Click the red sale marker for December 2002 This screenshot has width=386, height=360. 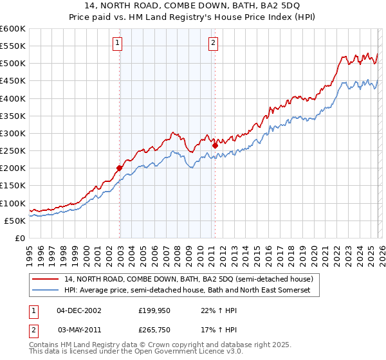[x=119, y=168]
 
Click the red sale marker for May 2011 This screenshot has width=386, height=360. [x=215, y=145]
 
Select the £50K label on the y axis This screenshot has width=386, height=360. [x=15, y=221]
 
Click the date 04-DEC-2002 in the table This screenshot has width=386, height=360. [x=79, y=310]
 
